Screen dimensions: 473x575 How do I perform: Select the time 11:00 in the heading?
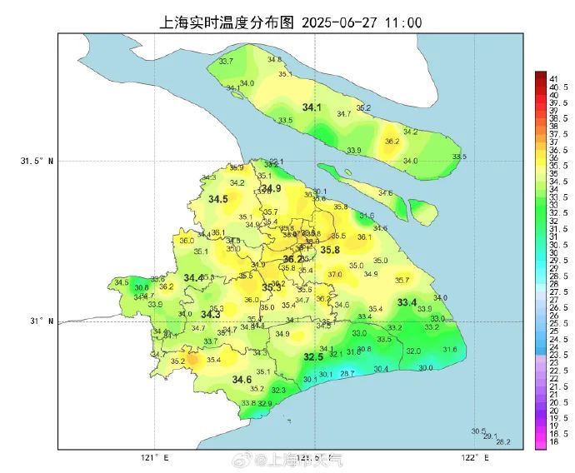(402, 22)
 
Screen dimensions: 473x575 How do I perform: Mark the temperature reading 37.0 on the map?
(334, 274)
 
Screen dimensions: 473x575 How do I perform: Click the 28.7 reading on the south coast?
(347, 374)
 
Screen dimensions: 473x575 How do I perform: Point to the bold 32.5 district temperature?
(313, 356)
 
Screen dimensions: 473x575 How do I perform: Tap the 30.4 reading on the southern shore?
(381, 369)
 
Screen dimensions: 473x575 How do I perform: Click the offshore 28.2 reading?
(502, 442)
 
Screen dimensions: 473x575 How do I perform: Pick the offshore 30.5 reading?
(477, 431)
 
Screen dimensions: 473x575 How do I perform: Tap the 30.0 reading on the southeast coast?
(425, 367)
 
